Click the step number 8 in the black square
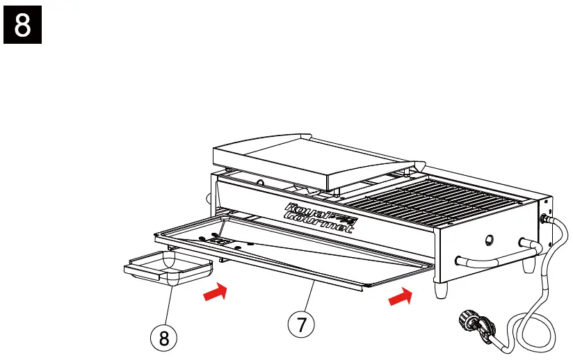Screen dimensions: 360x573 (x=23, y=24)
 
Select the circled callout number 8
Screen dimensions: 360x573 (x=164, y=338)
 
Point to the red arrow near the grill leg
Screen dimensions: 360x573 (x=399, y=297)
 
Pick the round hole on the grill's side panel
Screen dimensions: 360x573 (x=488, y=240)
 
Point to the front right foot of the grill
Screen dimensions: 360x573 (x=441, y=290)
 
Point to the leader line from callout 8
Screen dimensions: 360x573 (x=168, y=306)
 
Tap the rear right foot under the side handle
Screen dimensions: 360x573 (x=529, y=265)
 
